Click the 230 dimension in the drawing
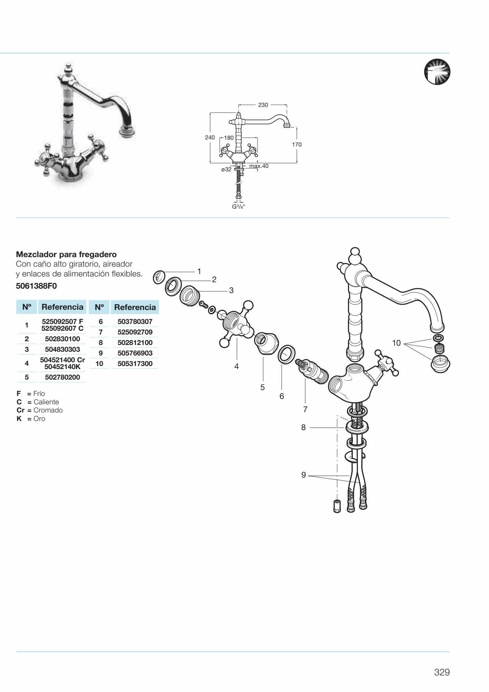(263, 105)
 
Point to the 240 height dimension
(210, 137)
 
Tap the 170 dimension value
(297, 145)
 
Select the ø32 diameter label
(226, 169)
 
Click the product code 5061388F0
(36, 286)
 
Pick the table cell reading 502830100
(62, 339)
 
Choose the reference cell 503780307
(135, 321)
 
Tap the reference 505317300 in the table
(135, 364)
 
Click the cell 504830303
(62, 349)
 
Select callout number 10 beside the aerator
(396, 343)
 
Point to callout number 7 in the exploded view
(305, 409)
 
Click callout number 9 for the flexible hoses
(304, 475)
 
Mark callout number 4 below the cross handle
(237, 366)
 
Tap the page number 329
(442, 672)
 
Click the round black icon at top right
(437, 72)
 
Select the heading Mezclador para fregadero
(66, 254)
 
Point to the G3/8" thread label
(238, 207)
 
